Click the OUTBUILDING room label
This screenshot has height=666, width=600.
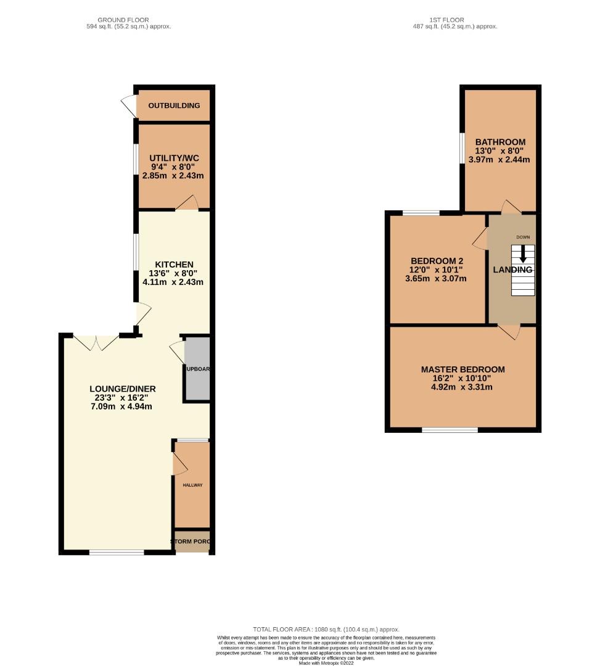(x=174, y=105)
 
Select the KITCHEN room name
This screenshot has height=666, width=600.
(x=173, y=265)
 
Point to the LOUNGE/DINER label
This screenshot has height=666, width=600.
(x=122, y=388)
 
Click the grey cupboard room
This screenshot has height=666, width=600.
(x=197, y=370)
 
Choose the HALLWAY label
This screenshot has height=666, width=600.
(x=192, y=485)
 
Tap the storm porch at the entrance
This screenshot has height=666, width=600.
(x=192, y=542)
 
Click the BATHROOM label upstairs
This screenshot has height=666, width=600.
(x=500, y=142)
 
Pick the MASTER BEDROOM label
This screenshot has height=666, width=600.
(x=462, y=369)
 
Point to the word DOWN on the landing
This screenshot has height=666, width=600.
(x=523, y=237)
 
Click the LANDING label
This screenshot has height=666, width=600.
(x=512, y=270)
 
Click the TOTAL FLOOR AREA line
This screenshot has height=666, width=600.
(x=326, y=629)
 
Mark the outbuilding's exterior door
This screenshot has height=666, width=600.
(x=128, y=105)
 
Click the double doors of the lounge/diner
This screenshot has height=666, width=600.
(x=96, y=342)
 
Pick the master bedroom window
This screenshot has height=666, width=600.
(x=450, y=430)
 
